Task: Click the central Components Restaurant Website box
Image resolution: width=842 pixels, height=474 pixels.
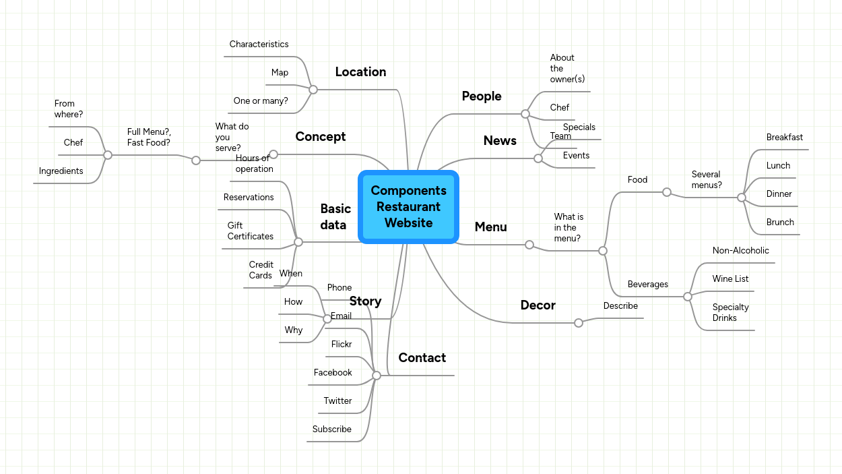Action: [x=408, y=207]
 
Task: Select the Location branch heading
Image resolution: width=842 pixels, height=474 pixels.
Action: [x=360, y=72]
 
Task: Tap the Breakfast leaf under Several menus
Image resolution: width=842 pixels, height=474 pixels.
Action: [x=784, y=138]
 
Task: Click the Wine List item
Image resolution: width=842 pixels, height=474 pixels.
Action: [x=730, y=279]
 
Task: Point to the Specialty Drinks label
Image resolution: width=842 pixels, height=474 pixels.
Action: [x=730, y=313]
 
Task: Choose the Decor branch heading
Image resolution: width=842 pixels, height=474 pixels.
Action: [x=538, y=305]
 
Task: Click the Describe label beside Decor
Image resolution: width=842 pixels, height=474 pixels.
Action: [x=620, y=306]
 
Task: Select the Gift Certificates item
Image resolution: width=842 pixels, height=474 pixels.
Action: [x=250, y=231]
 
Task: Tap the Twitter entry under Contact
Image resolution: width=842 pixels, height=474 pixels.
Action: [x=337, y=401]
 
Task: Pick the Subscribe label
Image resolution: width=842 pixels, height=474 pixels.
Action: [x=331, y=429]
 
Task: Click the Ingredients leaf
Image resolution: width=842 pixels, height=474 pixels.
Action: [x=61, y=171]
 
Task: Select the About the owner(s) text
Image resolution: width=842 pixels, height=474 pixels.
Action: [x=566, y=69]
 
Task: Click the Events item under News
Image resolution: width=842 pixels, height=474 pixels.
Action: [x=576, y=156]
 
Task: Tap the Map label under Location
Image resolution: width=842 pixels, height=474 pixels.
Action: [x=280, y=73]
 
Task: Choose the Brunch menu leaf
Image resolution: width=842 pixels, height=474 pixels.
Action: [x=780, y=223]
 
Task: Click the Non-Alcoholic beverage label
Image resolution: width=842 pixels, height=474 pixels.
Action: [x=740, y=251]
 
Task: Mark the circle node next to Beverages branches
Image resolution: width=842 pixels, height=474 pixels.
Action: [x=687, y=297]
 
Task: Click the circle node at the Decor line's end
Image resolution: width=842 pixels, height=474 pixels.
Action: [x=578, y=323]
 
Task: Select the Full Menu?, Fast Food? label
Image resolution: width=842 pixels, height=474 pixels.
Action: [x=149, y=138]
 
